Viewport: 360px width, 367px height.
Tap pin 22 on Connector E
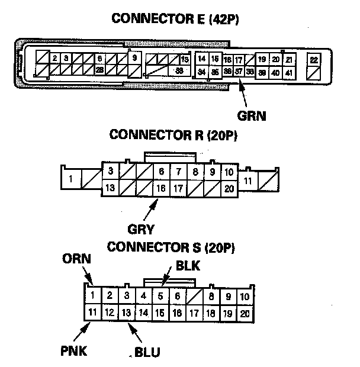click(314, 60)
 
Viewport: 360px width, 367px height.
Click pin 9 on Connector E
click(135, 58)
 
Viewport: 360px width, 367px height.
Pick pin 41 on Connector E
click(288, 72)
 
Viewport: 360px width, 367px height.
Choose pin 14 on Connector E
click(201, 59)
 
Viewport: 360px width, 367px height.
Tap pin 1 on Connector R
click(71, 179)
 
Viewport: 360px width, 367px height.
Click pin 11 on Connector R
click(248, 180)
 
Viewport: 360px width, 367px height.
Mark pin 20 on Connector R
click(229, 188)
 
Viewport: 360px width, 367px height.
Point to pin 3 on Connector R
click(110, 172)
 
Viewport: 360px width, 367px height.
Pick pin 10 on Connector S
click(245, 297)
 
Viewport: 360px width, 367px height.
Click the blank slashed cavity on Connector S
click(194, 297)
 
